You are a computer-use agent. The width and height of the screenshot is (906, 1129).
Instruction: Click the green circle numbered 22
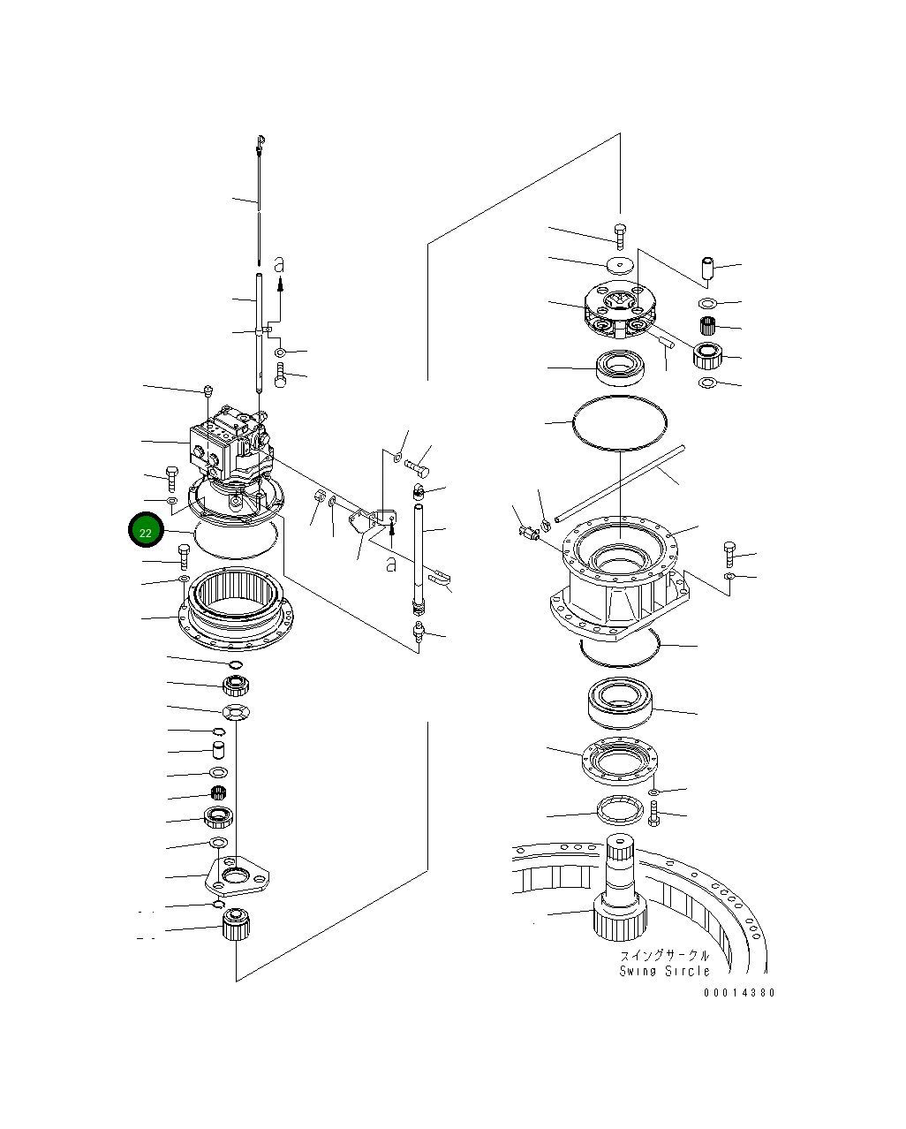click(146, 532)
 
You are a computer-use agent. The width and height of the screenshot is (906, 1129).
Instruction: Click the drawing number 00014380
click(739, 993)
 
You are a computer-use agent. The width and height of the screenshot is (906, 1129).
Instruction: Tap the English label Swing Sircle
click(664, 971)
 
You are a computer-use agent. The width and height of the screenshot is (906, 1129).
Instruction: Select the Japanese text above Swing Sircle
click(664, 956)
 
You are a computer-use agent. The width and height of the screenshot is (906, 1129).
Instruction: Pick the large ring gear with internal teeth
click(236, 607)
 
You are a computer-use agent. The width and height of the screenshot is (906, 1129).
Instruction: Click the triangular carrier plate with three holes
click(237, 875)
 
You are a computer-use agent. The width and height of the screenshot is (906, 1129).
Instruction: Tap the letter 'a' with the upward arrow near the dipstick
click(280, 264)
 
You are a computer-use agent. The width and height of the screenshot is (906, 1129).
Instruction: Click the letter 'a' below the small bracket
click(390, 564)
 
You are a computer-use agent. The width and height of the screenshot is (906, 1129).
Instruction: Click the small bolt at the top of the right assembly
click(620, 233)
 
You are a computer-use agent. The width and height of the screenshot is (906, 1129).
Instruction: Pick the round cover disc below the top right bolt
click(621, 264)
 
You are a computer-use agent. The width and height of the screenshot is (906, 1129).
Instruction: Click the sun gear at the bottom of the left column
click(236, 925)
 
